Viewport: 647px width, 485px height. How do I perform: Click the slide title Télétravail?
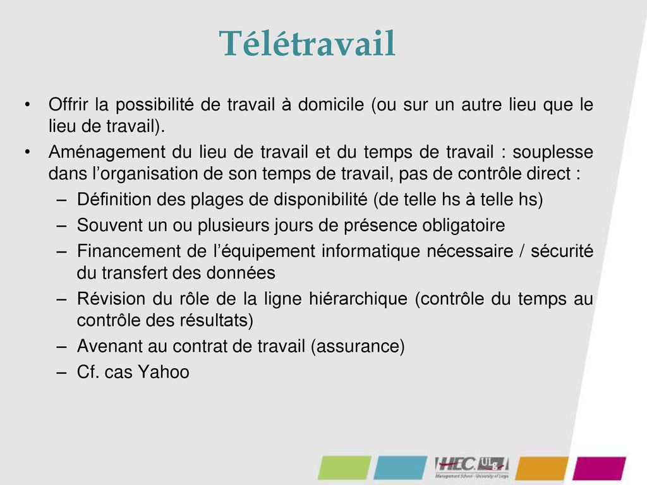click(x=307, y=44)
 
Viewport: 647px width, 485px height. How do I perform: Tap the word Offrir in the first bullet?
click(x=69, y=104)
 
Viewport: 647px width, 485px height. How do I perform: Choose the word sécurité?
click(x=562, y=251)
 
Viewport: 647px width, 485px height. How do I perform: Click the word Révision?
click(x=106, y=299)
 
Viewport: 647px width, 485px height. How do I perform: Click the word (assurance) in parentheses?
click(x=358, y=347)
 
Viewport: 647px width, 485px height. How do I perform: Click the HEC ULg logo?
click(x=471, y=467)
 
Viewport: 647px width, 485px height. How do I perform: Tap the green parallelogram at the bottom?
click(x=344, y=468)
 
